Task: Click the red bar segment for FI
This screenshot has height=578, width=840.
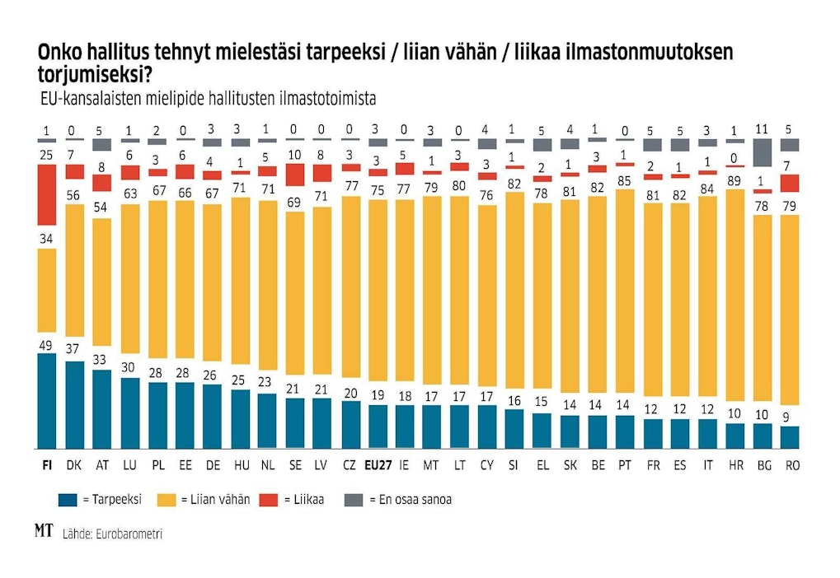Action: coord(47,194)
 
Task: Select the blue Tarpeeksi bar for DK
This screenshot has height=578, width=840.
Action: coord(74,404)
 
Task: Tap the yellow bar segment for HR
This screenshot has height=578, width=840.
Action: coord(735,308)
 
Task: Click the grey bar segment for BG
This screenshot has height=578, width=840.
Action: coord(763,152)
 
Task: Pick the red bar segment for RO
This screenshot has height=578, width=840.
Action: coord(790,183)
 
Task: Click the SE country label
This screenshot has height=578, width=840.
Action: coord(294,465)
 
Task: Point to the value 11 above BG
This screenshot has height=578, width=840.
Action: coord(763,129)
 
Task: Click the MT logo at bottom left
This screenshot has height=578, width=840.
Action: coord(44,531)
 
